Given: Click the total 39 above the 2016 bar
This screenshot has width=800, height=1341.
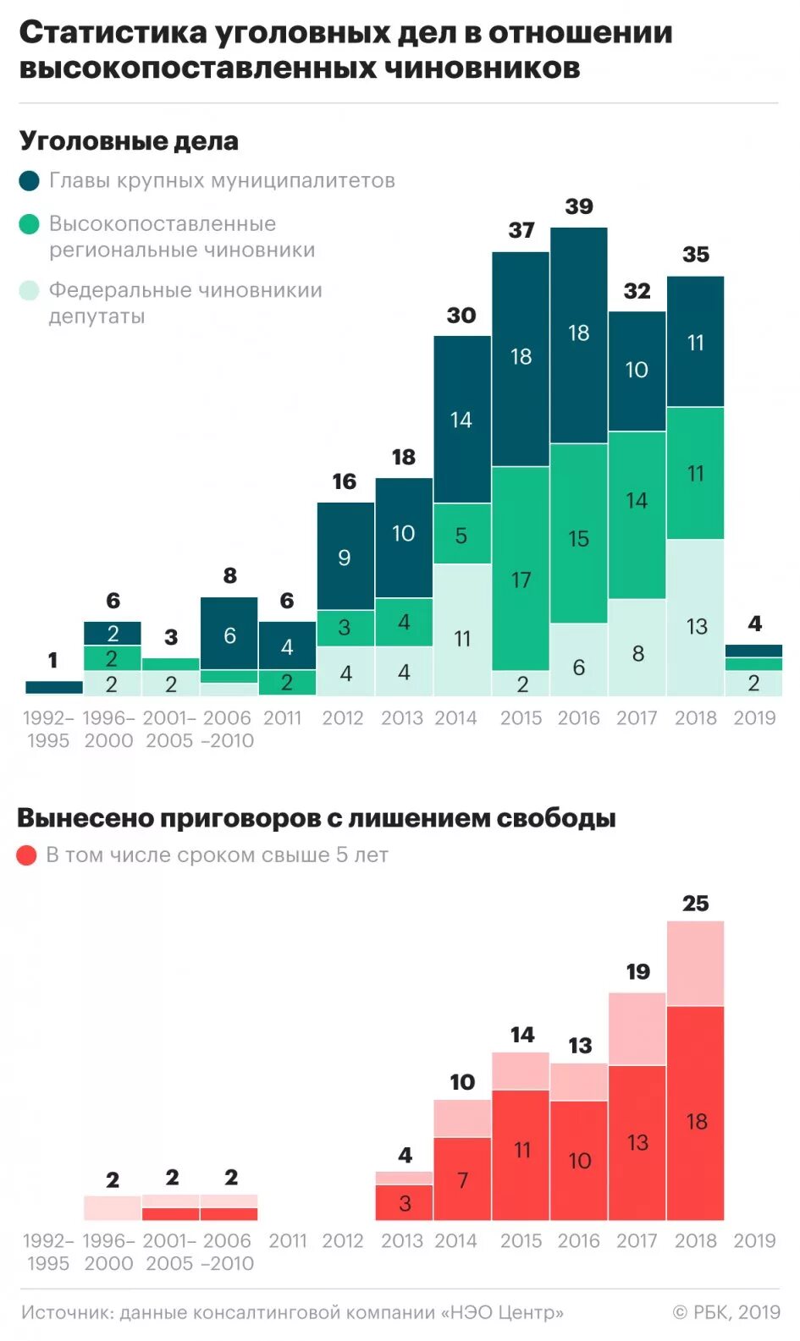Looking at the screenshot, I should click(x=579, y=206).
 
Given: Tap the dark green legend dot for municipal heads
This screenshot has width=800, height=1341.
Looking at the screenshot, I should click(x=29, y=181).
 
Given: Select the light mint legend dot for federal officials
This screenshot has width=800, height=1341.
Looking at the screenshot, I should click(x=29, y=290).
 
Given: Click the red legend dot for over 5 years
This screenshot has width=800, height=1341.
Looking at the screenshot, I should click(x=27, y=855).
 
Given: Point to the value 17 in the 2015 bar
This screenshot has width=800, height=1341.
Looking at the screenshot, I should click(x=521, y=580).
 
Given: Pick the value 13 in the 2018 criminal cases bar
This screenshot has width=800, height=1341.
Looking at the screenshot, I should click(x=696, y=627).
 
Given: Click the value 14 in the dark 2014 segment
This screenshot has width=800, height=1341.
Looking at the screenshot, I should click(x=461, y=420).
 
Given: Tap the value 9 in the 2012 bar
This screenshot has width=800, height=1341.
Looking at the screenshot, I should click(x=345, y=558).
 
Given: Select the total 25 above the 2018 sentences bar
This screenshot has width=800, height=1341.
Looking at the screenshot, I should click(x=696, y=904).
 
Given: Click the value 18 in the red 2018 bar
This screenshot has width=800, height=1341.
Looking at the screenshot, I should click(x=696, y=1122).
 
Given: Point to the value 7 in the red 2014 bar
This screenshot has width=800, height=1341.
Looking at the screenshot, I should click(x=462, y=1180).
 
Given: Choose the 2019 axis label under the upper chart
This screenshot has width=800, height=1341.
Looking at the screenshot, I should click(x=754, y=718).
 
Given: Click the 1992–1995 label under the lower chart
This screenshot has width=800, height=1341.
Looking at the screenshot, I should click(x=48, y=1252).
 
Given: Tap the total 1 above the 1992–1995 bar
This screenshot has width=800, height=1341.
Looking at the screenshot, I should click(x=53, y=660).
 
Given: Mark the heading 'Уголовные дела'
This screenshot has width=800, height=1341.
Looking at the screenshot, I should click(x=129, y=141).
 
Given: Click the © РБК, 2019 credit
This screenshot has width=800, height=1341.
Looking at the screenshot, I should click(x=726, y=1312).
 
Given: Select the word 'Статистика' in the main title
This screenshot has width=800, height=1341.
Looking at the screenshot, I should click(x=113, y=33).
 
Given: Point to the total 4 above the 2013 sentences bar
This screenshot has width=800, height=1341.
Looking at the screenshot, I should click(x=406, y=1155).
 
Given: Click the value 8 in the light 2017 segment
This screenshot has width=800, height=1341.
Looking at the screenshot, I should click(x=637, y=654).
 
